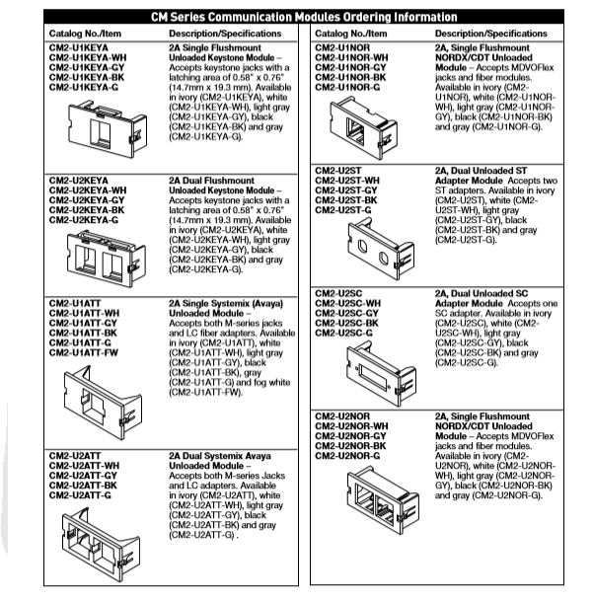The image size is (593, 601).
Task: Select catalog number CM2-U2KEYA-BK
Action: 87,210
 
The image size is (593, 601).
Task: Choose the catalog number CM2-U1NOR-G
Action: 347,86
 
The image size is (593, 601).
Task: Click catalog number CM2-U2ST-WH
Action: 347,182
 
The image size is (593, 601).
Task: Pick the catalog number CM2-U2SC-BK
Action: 346,324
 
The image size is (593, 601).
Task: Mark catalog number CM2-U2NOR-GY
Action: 350,435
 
